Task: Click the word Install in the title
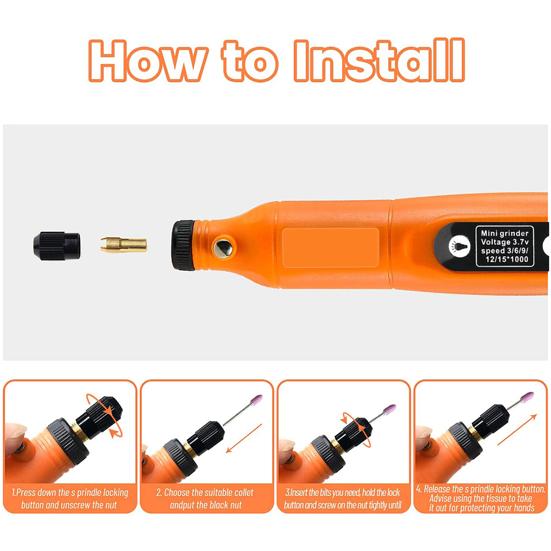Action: click(379, 61)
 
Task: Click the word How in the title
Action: click(147, 61)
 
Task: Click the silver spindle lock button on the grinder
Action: click(224, 247)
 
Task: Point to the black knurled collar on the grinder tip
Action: click(184, 245)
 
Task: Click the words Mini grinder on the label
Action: click(505, 233)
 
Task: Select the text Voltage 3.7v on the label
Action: click(505, 242)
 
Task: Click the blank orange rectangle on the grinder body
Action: click(331, 247)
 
